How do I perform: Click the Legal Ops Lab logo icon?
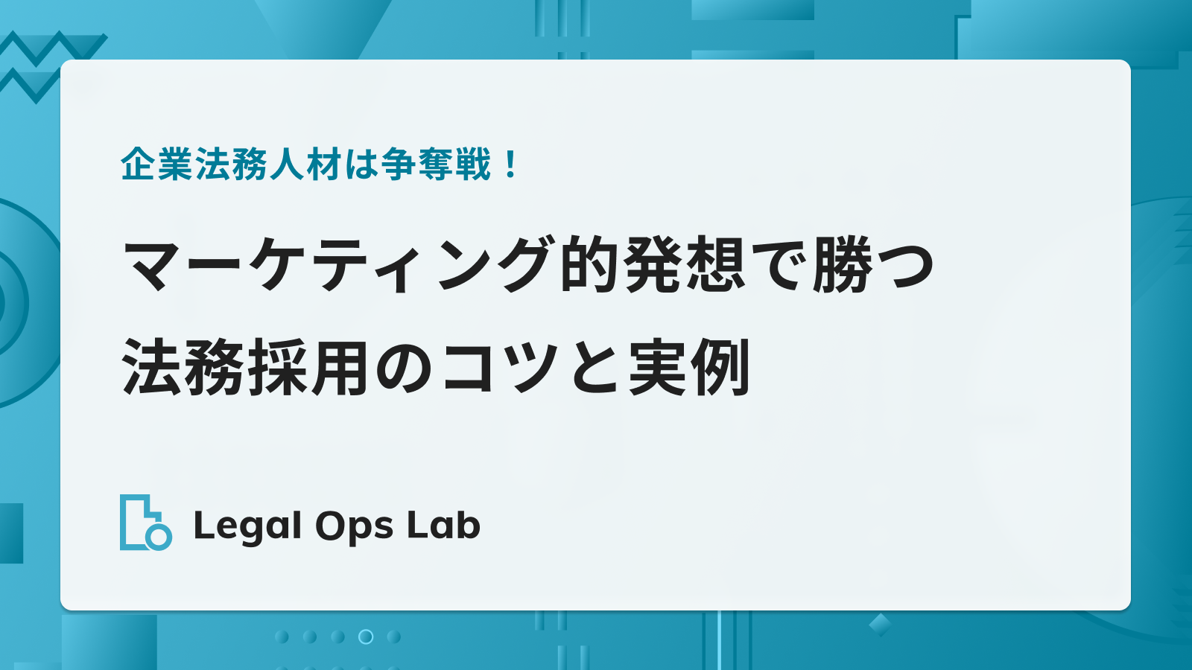tap(146, 522)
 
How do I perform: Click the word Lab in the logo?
tap(443, 526)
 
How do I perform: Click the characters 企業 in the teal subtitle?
tap(157, 165)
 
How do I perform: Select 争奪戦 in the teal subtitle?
tap(437, 165)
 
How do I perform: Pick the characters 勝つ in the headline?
tap(873, 264)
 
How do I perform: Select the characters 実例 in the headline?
tap(690, 367)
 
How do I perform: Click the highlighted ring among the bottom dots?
tap(366, 636)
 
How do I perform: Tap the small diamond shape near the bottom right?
tap(880, 625)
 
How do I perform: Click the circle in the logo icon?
tap(159, 537)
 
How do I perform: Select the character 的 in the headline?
tap(591, 264)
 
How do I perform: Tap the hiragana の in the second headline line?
tap(405, 368)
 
